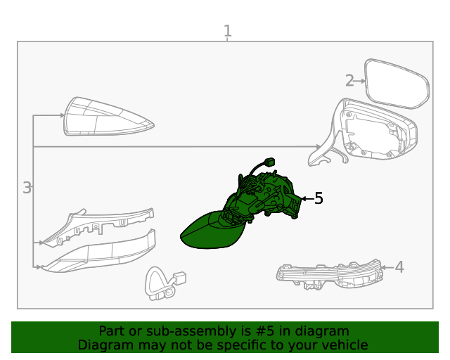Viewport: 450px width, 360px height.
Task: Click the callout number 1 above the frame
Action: click(x=227, y=31)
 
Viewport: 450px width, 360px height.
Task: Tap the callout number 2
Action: click(x=349, y=81)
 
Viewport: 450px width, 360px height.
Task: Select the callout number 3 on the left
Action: click(x=27, y=188)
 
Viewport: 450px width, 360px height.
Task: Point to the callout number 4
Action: click(x=399, y=267)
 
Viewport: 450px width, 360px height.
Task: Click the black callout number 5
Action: click(x=319, y=198)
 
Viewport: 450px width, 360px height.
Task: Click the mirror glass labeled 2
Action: click(x=397, y=84)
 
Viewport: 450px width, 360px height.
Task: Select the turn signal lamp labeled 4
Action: click(x=330, y=274)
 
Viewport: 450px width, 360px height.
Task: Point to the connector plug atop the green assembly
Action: click(x=269, y=162)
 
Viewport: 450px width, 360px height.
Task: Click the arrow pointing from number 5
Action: click(x=307, y=198)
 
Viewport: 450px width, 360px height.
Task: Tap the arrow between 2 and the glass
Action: click(x=359, y=82)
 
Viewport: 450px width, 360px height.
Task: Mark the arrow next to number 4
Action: click(x=387, y=267)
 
